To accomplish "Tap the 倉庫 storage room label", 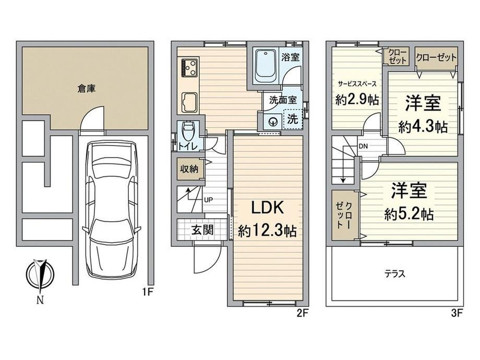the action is [x=86, y=89].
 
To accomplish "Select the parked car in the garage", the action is [x=112, y=209].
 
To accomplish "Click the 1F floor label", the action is [x=147, y=292].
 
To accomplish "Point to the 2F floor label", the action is [x=303, y=313].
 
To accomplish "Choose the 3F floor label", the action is [x=457, y=313].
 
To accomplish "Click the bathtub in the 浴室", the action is [x=265, y=66].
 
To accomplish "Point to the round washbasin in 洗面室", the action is [x=273, y=122].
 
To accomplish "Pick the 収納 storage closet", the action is [x=189, y=169].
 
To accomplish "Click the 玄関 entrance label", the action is [x=202, y=230].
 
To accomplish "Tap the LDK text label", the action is [x=268, y=208].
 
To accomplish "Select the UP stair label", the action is [x=208, y=200].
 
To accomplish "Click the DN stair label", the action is [x=363, y=146].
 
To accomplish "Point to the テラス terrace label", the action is [x=395, y=274].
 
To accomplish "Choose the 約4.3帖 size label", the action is [x=423, y=126].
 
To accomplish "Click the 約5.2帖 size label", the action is [x=409, y=214].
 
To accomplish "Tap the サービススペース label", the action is [x=357, y=83].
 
